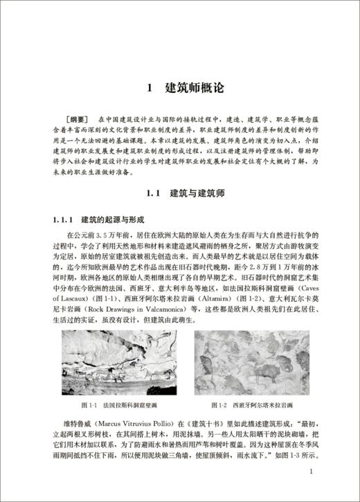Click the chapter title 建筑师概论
(x=196, y=89)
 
